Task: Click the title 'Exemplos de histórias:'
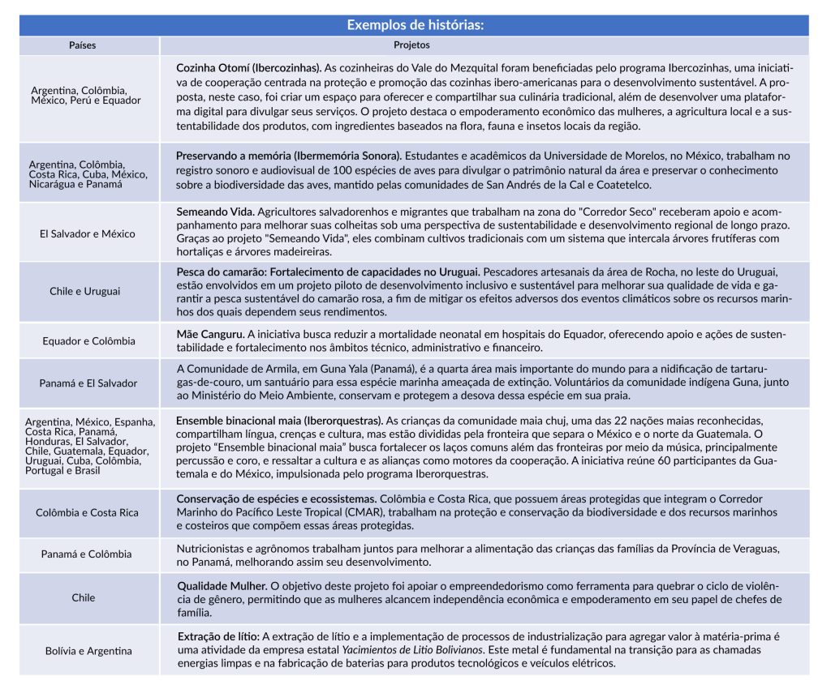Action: point(415,24)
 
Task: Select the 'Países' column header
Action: point(82,45)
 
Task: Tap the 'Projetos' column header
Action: point(411,45)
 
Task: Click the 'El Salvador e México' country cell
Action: point(88,233)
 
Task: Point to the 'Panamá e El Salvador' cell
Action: point(88,383)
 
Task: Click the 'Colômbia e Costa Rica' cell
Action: point(88,512)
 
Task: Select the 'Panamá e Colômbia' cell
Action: point(87,554)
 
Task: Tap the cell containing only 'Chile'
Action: point(84,598)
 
